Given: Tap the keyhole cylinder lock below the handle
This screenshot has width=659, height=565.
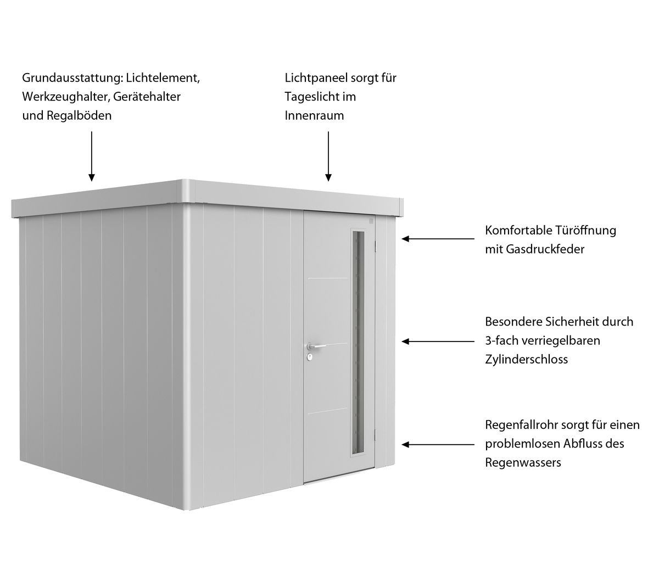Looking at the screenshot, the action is coord(310,358).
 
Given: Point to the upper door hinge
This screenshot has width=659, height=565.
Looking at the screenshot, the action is coord(376,245).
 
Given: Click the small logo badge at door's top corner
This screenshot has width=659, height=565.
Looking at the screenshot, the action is coord(371,221).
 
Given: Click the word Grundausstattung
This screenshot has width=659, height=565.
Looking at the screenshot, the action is coord(72,78).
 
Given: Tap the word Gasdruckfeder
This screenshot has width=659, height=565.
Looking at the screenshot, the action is coord(545,249).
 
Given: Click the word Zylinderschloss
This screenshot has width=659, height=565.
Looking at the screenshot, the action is coord(526,359).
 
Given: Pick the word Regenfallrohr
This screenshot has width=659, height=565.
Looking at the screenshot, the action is coord(522,425).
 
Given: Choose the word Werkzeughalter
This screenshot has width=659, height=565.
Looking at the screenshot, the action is coord(66,97).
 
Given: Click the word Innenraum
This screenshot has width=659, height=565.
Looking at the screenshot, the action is coord(314,115).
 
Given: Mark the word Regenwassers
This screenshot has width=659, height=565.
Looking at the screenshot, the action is coord(523,463).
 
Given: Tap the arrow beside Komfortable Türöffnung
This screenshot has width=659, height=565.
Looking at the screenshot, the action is coord(438,238).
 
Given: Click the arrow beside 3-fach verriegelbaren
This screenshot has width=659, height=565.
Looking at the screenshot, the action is coord(438,342).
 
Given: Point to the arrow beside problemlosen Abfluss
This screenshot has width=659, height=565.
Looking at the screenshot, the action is coord(438,444).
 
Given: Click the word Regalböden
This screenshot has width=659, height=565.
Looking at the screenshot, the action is coord(79,115).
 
